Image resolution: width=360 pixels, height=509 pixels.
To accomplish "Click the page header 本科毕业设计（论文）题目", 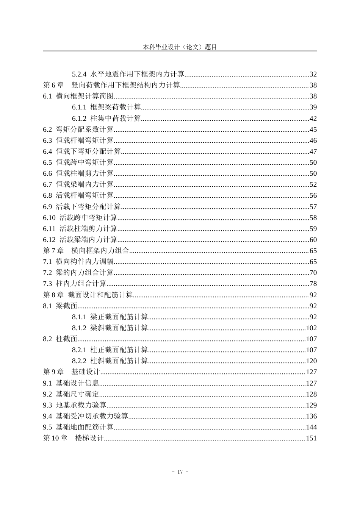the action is (x=180, y=47).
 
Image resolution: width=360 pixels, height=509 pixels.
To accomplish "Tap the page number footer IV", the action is (x=180, y=472).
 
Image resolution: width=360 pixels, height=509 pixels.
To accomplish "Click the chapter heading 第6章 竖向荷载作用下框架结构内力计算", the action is (x=111, y=85).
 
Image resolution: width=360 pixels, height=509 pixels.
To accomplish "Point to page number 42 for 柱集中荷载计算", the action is (x=313, y=119).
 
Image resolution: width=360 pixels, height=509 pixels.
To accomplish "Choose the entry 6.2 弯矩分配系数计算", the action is (x=78, y=130).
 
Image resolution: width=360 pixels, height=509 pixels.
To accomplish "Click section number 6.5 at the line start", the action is (x=47, y=162).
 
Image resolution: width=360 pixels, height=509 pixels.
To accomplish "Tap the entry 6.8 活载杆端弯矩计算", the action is (x=78, y=195).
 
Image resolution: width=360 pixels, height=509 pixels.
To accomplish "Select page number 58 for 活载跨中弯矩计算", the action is (x=313, y=218).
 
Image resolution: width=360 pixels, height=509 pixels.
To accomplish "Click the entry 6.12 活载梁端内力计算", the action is (x=80, y=240).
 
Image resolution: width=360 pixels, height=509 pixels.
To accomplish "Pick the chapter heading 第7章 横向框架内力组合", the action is (x=86, y=251).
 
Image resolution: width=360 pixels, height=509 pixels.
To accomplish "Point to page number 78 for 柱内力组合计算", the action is (x=313, y=284).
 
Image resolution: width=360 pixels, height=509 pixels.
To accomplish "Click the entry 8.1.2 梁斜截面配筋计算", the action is (x=110, y=328).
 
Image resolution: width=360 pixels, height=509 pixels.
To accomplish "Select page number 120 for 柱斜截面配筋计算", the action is (x=311, y=361).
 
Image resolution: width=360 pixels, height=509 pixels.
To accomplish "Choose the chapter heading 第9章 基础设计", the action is (x=71, y=372).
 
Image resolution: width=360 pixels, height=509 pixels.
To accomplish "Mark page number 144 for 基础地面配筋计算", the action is (x=311, y=427).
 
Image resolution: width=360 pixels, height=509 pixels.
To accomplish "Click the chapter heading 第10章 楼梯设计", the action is (x=73, y=438).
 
